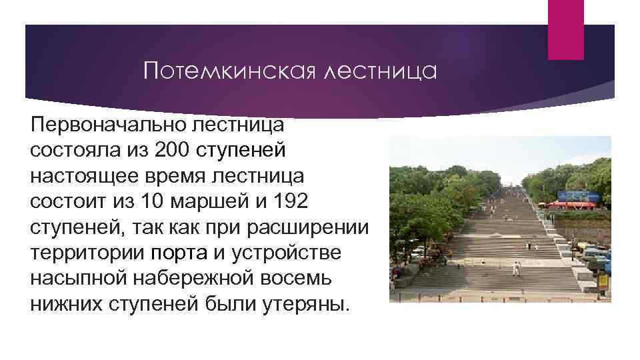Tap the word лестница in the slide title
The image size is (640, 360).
380,70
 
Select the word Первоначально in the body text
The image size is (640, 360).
107,125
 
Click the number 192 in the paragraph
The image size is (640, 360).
291,201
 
